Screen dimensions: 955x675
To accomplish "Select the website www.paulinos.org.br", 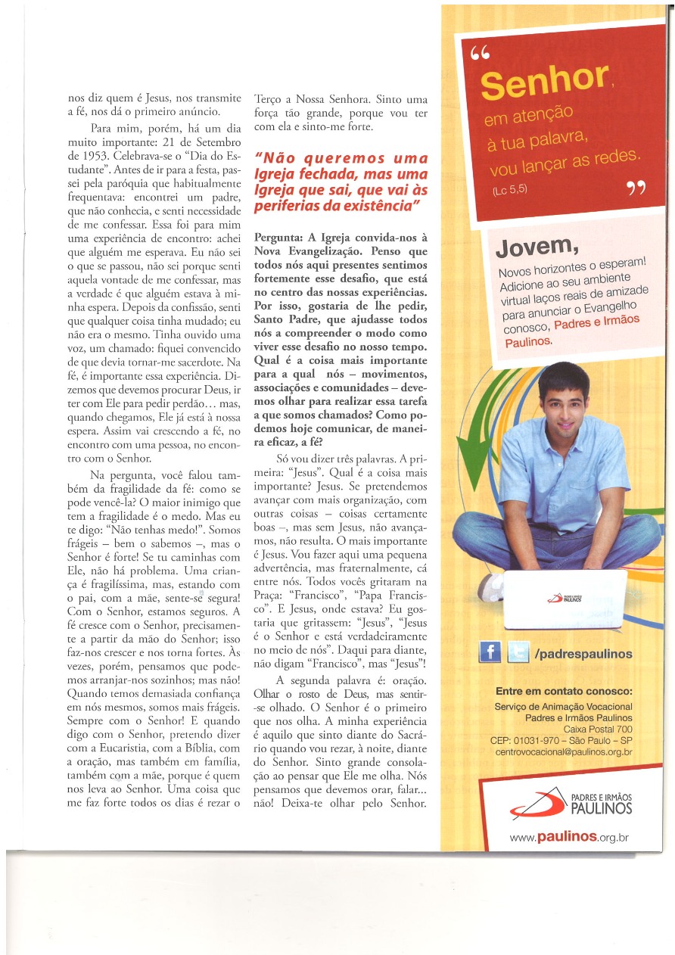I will (x=570, y=837).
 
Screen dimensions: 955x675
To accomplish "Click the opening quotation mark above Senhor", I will (x=480, y=54).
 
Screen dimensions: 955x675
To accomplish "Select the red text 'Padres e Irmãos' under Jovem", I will (x=596, y=322).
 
